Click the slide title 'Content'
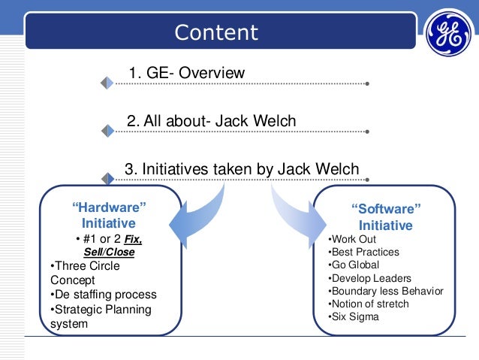tap(215, 33)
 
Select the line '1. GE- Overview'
tap(187, 73)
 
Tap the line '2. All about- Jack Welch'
tap(212, 121)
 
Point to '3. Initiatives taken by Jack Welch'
tap(241, 169)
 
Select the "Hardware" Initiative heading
tap(108, 215)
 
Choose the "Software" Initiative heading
tap(386, 216)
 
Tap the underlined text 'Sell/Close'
tap(109, 253)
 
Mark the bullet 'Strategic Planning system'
tap(99, 316)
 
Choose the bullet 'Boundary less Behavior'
tap(386, 291)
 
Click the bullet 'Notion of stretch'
tap(369, 304)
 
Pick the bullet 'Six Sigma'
tap(354, 316)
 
